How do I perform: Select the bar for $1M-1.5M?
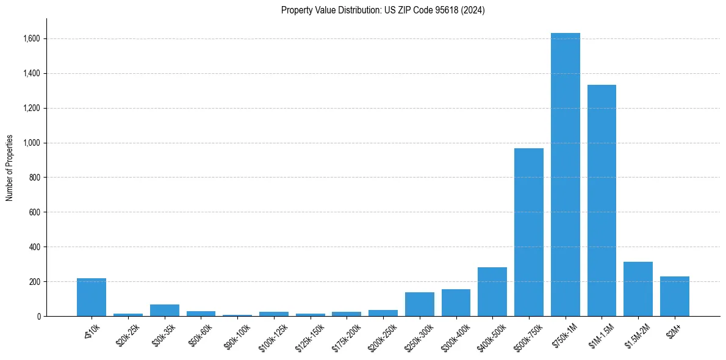(x=602, y=201)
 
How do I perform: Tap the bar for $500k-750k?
(x=528, y=232)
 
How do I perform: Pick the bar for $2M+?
(x=674, y=297)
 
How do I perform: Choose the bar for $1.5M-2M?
(x=638, y=289)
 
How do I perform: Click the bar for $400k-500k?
(x=492, y=292)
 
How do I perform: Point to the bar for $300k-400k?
(x=456, y=303)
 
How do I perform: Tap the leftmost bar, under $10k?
(x=92, y=297)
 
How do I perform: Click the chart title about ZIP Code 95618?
(x=383, y=10)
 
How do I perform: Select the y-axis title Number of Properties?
(x=10, y=167)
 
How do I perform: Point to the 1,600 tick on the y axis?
(x=32, y=39)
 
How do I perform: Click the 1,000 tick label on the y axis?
(x=32, y=143)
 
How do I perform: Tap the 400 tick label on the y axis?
(x=35, y=247)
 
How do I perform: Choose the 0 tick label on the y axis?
(x=39, y=317)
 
